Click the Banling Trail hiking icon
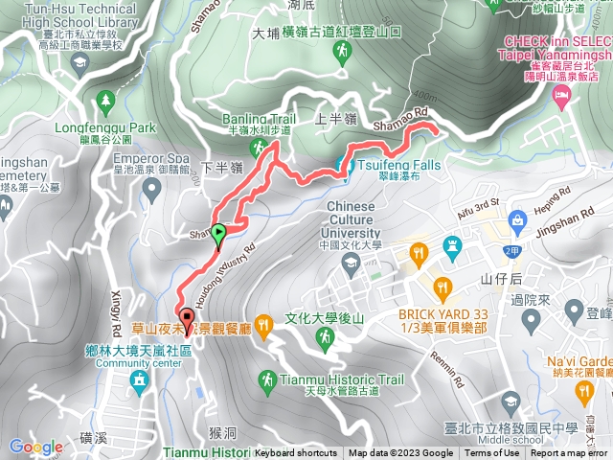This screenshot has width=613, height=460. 258,147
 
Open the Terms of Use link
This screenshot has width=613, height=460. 491,453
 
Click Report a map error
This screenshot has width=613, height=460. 571,453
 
